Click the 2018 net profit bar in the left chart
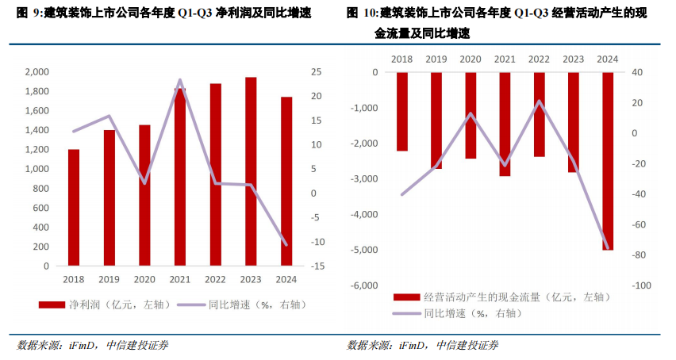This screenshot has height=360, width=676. click(x=74, y=208)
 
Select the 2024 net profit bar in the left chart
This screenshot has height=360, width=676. click(x=286, y=182)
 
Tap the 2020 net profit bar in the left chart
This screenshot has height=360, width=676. click(x=144, y=195)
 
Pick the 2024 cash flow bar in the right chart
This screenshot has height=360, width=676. click(x=608, y=161)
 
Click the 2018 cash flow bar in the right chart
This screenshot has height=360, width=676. click(x=402, y=111)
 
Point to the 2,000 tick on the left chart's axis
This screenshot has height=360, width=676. click(x=36, y=72)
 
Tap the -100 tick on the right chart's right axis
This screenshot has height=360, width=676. click(x=641, y=285)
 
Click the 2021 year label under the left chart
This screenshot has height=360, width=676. click(x=180, y=279)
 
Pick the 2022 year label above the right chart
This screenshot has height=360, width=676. click(x=539, y=59)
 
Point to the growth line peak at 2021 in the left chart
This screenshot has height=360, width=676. click(x=180, y=80)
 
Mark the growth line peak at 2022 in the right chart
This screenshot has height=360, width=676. click(x=540, y=101)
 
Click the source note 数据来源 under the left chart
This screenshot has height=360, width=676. click(x=40, y=345)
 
